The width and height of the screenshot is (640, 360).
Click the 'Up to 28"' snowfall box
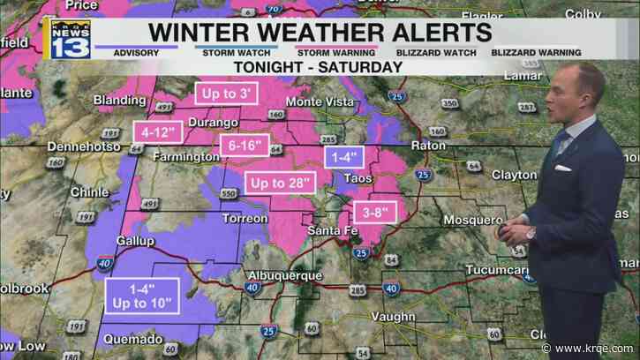[281, 183]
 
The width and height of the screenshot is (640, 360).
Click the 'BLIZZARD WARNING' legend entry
[503, 51]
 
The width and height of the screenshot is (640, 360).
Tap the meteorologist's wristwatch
[531, 234]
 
